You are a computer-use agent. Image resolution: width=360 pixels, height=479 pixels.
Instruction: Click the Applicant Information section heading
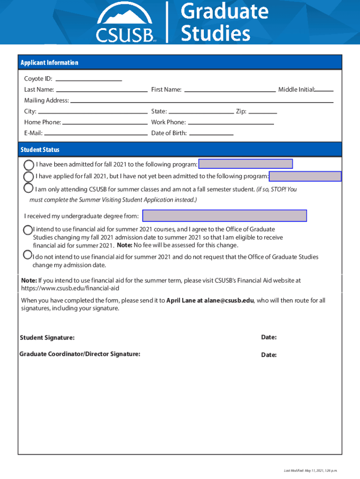tap(49, 63)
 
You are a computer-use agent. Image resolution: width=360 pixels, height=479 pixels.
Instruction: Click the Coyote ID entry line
tap(88, 79)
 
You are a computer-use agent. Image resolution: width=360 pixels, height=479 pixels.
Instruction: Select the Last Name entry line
tap(101, 89)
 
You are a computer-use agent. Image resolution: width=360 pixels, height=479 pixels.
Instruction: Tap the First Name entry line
tap(230, 89)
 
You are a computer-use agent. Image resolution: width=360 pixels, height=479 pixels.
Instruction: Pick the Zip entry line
tap(263, 111)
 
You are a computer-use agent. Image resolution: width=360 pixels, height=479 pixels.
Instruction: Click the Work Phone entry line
tap(230, 122)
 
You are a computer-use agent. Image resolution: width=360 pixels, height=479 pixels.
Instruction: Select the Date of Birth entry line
tap(211, 133)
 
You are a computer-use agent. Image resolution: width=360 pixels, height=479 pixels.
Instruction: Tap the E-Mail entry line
tap(96, 133)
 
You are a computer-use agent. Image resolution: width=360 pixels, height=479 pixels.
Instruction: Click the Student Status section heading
tap(40, 150)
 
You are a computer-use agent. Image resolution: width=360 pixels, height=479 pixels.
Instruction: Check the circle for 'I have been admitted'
tap(29, 165)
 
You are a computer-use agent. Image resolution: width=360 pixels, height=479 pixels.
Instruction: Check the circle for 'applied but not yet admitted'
tap(29, 176)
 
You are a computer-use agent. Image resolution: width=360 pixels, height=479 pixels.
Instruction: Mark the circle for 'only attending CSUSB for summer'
tap(29, 189)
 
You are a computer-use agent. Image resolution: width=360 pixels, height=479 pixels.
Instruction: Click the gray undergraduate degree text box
tap(224, 216)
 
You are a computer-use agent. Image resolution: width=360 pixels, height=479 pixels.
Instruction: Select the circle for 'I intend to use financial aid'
tap(28, 230)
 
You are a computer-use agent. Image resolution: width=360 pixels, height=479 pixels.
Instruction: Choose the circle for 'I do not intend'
tap(28, 255)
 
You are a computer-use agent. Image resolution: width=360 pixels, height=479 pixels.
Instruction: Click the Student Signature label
tap(47, 338)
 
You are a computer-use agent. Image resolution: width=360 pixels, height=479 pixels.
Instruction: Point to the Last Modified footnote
tap(310, 471)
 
